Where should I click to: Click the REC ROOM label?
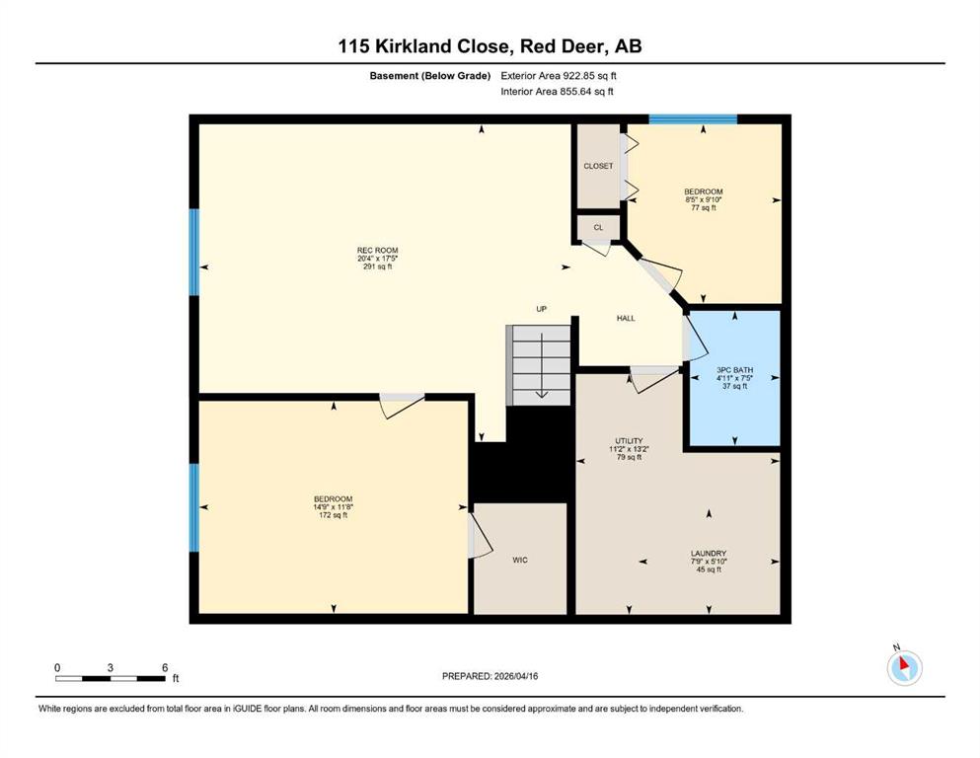[378, 251]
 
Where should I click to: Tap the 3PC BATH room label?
[735, 370]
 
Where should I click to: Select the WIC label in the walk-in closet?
[520, 560]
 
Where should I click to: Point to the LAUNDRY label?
[709, 553]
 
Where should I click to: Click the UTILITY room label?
[629, 440]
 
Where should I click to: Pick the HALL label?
[626, 318]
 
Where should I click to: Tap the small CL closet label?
[598, 227]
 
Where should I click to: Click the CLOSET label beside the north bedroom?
[598, 166]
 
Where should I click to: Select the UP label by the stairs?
[541, 309]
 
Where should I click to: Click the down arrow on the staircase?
[541, 366]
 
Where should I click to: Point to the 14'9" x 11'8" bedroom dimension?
[334, 507]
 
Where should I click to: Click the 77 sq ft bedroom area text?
[703, 207]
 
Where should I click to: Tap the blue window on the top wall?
[693, 119]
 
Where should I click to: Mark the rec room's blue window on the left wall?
[194, 252]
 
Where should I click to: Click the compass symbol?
[904, 667]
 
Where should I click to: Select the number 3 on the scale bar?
[110, 667]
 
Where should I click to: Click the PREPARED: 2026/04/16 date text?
[490, 676]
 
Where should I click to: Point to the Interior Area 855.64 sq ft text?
[557, 91]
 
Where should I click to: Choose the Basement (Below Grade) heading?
[430, 76]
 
